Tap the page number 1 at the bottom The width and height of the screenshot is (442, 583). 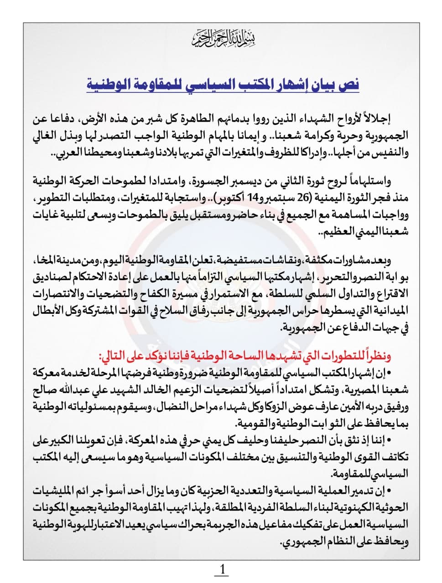[x=222, y=569]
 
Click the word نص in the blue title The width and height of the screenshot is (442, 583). [x=350, y=85]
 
